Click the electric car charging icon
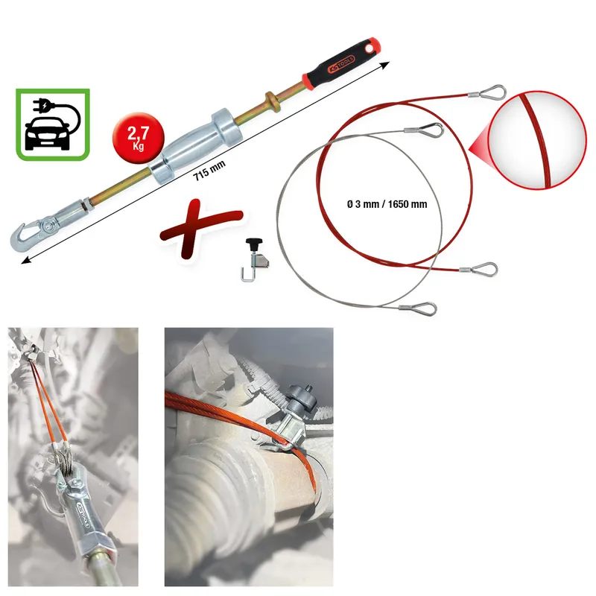pyautogui.click(x=53, y=124)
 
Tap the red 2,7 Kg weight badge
pyautogui.click(x=139, y=138)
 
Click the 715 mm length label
pyautogui.click(x=209, y=170)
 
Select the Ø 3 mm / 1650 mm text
pyautogui.click(x=387, y=204)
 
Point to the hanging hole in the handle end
pyautogui.click(x=369, y=48)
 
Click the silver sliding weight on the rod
pyautogui.click(x=195, y=146)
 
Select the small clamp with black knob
pyautogui.click(x=254, y=259)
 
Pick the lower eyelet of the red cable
pyautogui.click(x=479, y=270)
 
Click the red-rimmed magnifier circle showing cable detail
pyautogui.click(x=537, y=139)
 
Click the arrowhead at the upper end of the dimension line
pyautogui.click(x=385, y=65)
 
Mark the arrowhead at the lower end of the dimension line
pyautogui.click(x=26, y=260)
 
